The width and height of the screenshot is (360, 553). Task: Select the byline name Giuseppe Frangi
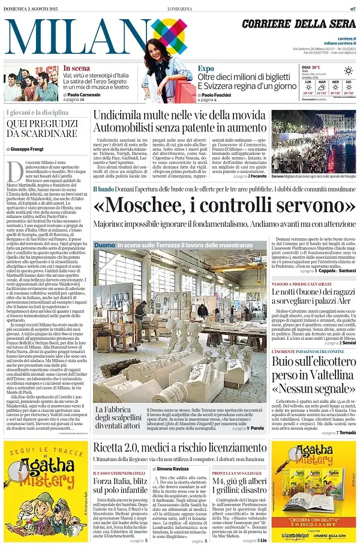[x=30, y=148]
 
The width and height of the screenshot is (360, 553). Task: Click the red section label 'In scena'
[x=77, y=68]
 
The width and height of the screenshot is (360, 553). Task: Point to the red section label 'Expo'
[x=206, y=68]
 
